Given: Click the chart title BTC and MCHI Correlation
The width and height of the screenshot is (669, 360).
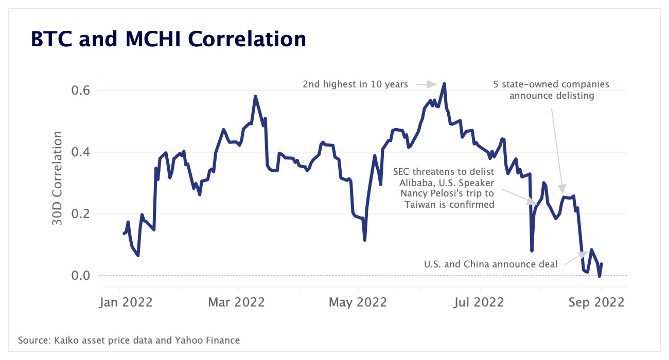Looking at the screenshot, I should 168,39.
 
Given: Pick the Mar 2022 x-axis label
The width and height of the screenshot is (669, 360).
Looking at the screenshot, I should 237,302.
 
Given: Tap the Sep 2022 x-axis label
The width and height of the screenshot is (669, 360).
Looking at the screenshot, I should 596,302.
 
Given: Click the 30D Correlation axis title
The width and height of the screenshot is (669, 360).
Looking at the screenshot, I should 57,178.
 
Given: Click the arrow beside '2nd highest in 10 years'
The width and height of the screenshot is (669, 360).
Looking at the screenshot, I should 426,84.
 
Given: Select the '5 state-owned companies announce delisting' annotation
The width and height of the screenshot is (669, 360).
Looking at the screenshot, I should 551,90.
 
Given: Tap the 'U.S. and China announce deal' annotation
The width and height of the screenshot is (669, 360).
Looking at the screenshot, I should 490,264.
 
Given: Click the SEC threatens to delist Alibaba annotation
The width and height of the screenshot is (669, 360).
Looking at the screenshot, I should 443,188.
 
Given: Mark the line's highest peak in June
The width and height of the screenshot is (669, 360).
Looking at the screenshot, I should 444,84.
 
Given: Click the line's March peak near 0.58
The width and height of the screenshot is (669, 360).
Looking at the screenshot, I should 255,96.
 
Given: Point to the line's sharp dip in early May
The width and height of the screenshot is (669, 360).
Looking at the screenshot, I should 365,240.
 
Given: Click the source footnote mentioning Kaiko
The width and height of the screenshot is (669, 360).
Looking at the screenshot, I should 129,340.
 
